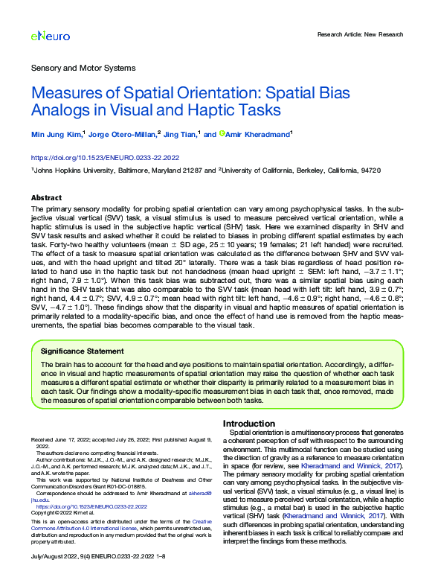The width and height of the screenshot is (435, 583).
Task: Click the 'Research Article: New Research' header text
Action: pyautogui.click(x=360, y=34)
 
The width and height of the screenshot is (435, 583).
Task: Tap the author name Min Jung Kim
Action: pyautogui.click(x=57, y=134)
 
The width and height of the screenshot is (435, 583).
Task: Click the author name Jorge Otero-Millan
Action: pyautogui.click(x=123, y=134)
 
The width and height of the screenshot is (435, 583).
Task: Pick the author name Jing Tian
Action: pyautogui.click(x=180, y=134)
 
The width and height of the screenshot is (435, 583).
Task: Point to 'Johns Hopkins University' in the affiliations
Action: pyautogui.click(x=69, y=171)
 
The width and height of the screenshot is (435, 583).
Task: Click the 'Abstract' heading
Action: pyautogui.click(x=46, y=198)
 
